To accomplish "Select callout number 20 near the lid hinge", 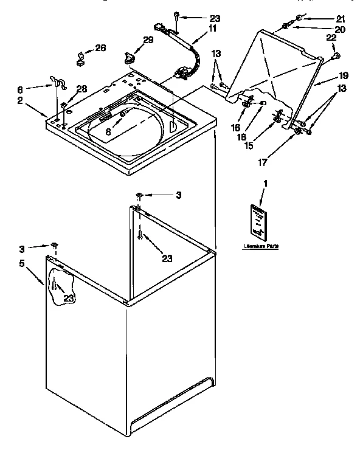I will tap(323, 29).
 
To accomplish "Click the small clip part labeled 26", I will tap(79, 59).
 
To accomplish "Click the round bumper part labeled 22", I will tap(335, 57).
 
